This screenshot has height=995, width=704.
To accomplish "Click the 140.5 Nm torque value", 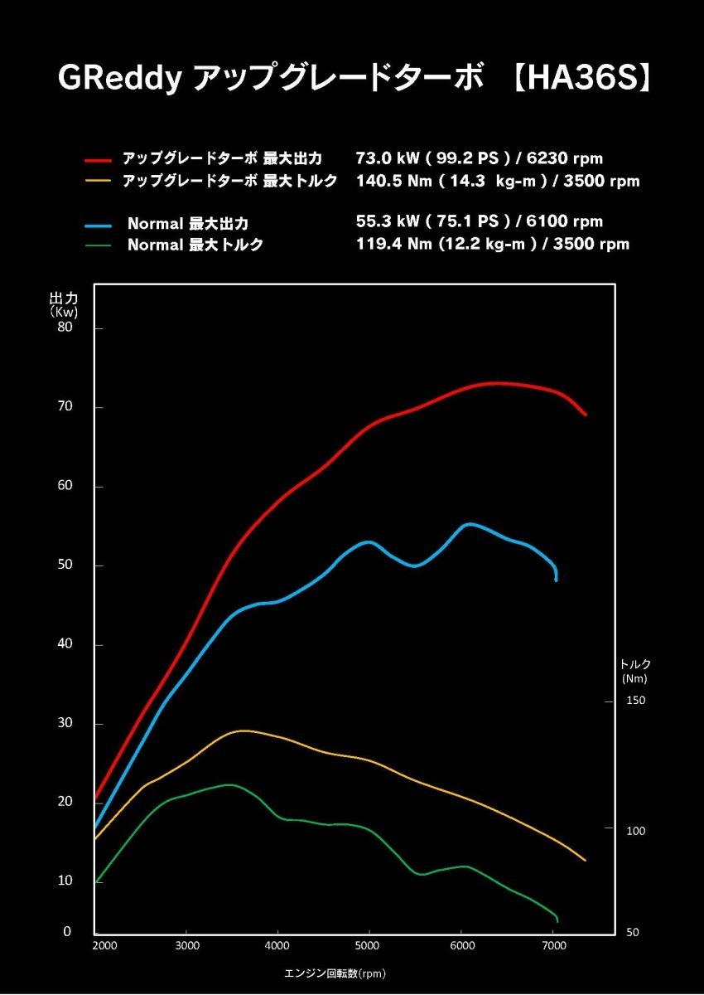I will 390,181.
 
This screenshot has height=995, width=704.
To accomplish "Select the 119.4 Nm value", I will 390,244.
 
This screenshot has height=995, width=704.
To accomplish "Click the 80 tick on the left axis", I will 65,327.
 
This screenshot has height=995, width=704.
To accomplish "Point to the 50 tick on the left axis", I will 65,565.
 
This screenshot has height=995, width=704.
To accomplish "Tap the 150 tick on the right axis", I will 635,701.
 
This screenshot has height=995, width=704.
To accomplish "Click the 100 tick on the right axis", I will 635,831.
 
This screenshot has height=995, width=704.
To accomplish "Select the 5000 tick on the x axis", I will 368,945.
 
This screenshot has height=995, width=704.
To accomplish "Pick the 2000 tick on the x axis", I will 104,945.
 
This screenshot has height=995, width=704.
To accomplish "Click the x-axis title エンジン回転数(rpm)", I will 335,973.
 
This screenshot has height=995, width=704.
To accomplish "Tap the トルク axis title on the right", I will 635,664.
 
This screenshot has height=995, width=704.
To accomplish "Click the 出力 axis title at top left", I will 64,297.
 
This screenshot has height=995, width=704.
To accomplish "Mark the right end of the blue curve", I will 556,580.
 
